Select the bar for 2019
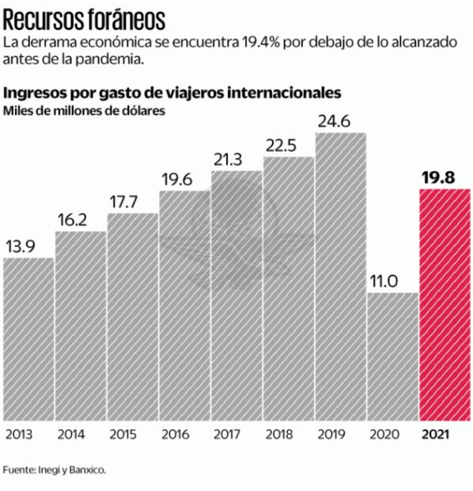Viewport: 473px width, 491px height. (x=341, y=277)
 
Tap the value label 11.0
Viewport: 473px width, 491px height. (x=384, y=281)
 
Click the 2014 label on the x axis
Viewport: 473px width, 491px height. (x=71, y=435)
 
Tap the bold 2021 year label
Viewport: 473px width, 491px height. (x=438, y=435)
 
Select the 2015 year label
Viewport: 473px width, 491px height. (x=123, y=435)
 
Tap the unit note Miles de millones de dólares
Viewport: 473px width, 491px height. (x=85, y=111)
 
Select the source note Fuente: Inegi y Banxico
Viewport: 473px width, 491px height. (x=54, y=469)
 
